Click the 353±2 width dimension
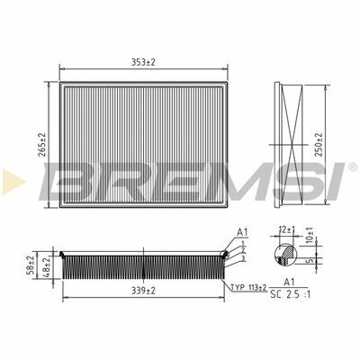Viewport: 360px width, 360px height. tap(143, 62)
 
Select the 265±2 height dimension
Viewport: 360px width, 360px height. tap(43, 145)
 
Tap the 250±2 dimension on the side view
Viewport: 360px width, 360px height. tap(319, 145)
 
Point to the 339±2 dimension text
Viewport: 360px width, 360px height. tap(143, 291)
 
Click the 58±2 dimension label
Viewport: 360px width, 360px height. tap(31, 266)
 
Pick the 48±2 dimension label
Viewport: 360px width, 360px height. tap(47, 266)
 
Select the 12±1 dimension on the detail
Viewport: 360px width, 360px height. tap(287, 230)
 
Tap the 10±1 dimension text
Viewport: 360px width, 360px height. tap(310, 235)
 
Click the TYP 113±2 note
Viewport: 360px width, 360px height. tap(248, 288)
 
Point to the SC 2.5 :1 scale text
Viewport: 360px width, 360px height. tap(291, 294)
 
